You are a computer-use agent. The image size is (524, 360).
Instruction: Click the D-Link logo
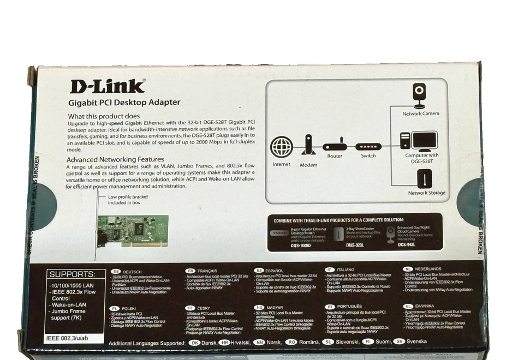click(x=108, y=86)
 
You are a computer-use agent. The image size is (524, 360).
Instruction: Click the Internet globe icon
click(x=282, y=148)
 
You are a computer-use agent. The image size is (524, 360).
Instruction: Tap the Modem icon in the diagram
click(x=308, y=146)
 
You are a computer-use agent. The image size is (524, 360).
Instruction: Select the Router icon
click(x=335, y=147)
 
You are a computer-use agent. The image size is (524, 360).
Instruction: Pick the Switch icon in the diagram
click(x=368, y=147)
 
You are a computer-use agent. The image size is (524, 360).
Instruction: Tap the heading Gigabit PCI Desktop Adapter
click(x=124, y=102)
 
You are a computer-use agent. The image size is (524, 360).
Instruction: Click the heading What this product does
click(x=104, y=116)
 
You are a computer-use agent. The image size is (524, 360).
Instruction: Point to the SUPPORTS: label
click(x=72, y=274)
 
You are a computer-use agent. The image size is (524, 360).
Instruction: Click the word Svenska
click(x=417, y=341)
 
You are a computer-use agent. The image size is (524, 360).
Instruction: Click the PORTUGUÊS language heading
click(x=350, y=307)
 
